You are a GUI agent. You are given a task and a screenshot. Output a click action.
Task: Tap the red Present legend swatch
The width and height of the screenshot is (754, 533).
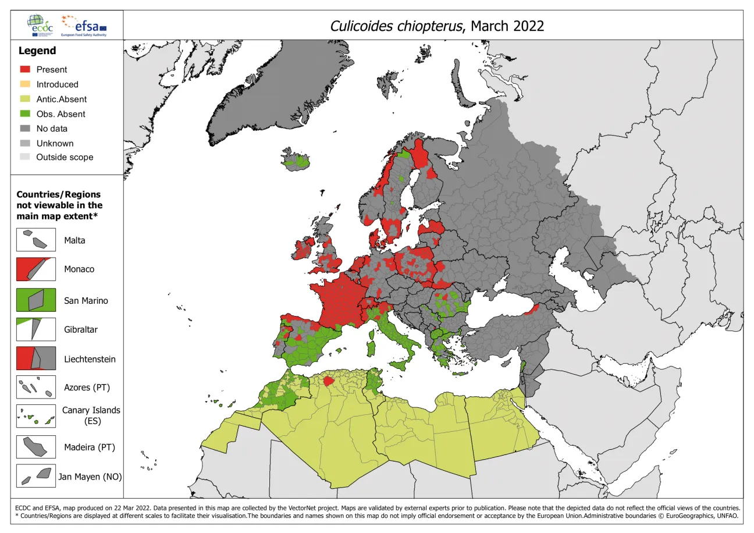(24, 70)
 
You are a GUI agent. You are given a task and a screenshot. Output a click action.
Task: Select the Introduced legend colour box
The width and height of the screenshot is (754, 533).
(24, 84)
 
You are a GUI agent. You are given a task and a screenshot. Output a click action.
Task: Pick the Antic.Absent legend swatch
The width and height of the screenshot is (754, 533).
(24, 100)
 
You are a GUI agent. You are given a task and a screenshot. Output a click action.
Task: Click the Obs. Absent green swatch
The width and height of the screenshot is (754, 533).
(24, 114)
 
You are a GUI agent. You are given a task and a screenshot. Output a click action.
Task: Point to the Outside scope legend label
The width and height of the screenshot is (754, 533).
(65, 157)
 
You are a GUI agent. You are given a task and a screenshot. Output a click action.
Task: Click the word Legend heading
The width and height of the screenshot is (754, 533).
(37, 51)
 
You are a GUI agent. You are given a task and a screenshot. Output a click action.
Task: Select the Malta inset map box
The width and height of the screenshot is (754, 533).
(36, 240)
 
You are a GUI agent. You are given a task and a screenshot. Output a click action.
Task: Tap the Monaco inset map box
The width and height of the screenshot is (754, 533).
(36, 269)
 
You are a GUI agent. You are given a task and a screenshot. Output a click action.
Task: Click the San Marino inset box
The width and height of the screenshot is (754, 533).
(36, 300)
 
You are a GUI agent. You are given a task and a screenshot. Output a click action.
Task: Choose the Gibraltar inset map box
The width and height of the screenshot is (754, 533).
(36, 329)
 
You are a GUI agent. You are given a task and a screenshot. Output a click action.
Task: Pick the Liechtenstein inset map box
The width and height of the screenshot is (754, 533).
(36, 358)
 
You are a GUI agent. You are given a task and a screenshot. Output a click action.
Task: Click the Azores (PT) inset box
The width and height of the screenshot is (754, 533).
(36, 387)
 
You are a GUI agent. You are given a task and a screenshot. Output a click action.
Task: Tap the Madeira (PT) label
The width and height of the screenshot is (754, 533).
(90, 447)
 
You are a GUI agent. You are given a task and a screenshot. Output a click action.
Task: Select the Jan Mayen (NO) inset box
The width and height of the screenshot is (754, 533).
(36, 476)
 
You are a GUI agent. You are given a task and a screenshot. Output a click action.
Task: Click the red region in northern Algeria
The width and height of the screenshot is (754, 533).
(329, 381)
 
